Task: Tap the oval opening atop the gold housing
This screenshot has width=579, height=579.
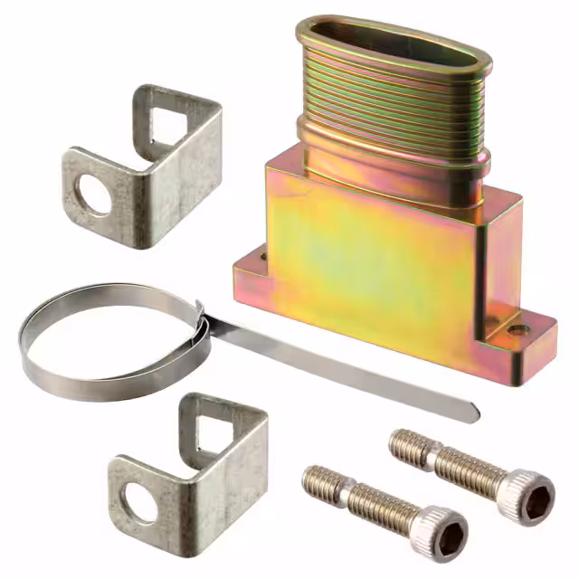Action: click(x=394, y=45)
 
